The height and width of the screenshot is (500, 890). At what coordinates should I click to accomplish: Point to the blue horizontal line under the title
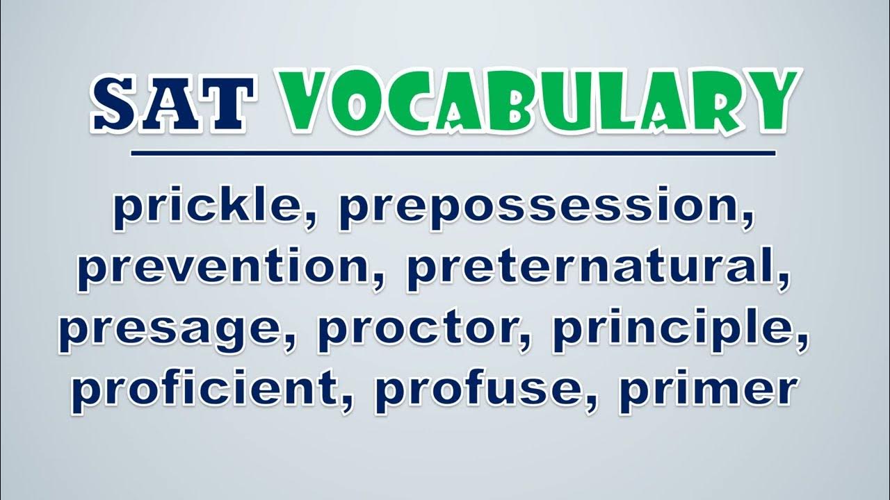pos(453,153)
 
